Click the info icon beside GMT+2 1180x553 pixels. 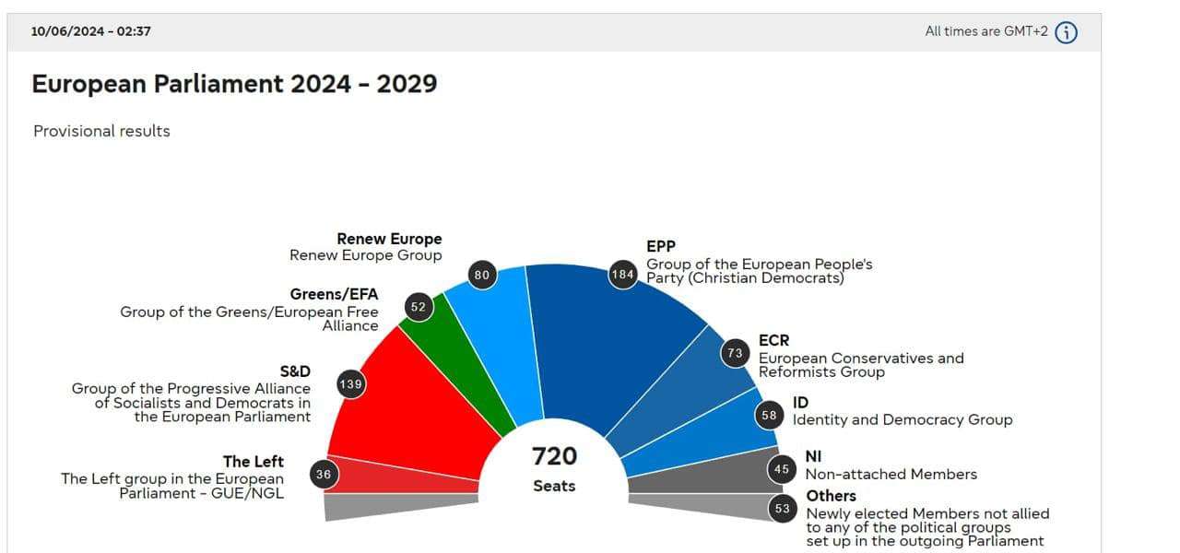point(1066,32)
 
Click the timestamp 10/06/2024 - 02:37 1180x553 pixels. point(91,31)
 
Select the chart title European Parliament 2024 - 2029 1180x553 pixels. point(234,84)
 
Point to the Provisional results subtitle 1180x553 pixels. point(101,131)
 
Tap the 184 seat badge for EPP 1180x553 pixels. point(623,275)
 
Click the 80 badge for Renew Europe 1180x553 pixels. point(481,275)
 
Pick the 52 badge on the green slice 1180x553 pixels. point(419,307)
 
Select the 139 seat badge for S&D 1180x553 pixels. point(350,384)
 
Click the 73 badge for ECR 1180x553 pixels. point(735,353)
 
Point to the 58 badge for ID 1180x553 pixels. point(769,416)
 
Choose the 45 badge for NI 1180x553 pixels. point(782,469)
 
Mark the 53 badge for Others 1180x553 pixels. point(783,508)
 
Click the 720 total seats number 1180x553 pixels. point(554,456)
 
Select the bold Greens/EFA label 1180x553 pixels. point(334,295)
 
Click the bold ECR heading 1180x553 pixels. point(773,341)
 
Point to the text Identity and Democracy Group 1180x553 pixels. point(902,420)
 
